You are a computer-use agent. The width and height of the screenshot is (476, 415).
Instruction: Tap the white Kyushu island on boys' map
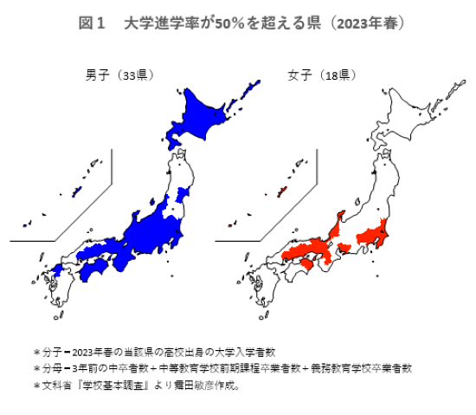(56, 290)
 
